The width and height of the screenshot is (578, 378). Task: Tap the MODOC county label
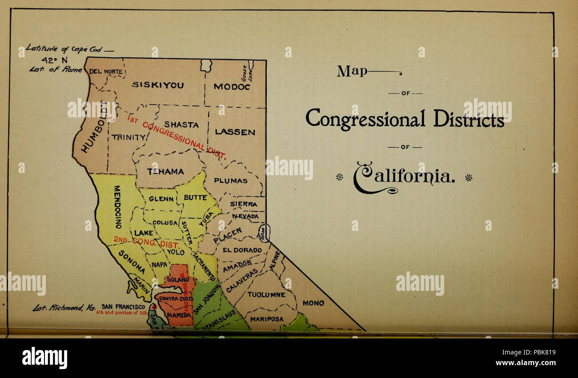(x=232, y=87)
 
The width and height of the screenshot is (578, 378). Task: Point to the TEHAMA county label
(x=165, y=171)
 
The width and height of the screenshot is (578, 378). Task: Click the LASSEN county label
(x=235, y=132)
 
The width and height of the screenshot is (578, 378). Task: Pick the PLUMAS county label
(x=230, y=181)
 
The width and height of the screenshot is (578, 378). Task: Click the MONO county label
(x=313, y=303)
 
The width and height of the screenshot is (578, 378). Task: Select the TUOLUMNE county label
(x=266, y=294)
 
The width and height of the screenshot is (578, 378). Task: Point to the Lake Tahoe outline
(x=264, y=233)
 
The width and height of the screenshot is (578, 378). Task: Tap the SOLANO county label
(x=178, y=280)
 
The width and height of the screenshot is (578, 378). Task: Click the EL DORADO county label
(x=242, y=250)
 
